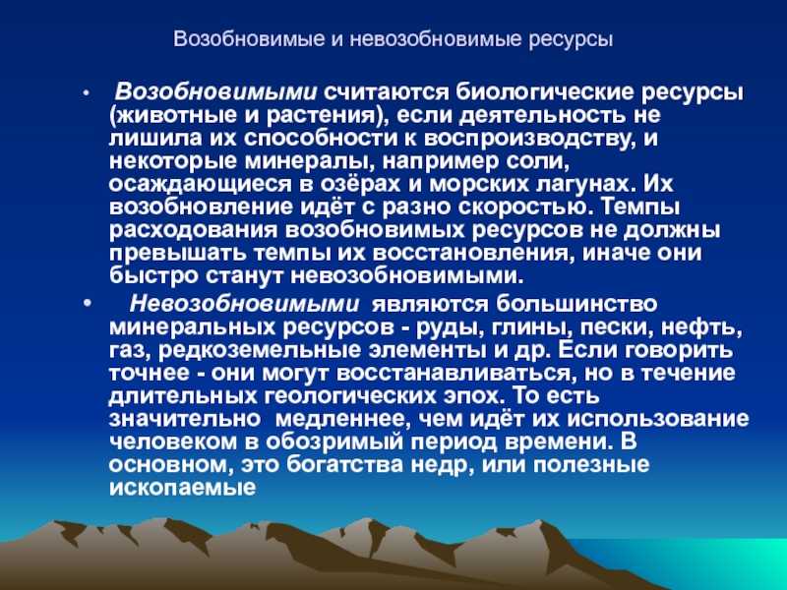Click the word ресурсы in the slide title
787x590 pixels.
572,39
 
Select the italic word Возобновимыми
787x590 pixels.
216,92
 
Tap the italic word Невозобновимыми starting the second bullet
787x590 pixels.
244,304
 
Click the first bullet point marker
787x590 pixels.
87,93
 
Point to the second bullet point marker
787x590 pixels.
88,304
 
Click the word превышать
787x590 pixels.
178,254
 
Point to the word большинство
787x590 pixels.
576,304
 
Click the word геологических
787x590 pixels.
350,396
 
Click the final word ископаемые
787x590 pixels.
182,488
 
